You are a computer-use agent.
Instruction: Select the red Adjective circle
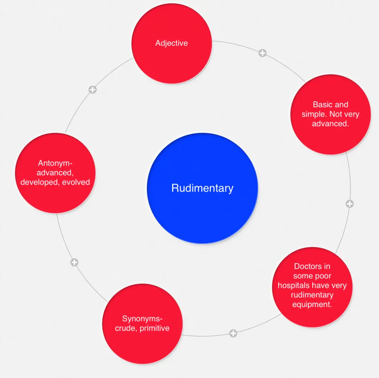pos(171,59)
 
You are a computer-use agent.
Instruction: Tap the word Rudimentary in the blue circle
pos(202,188)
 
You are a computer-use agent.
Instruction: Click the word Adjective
pos(171,43)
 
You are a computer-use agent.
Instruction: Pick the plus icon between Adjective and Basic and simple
pos(262,53)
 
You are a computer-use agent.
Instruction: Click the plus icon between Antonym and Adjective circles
pos(93,90)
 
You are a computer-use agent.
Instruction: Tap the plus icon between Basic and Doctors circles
pos(349,204)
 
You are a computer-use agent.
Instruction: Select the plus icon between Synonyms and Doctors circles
pos(233,333)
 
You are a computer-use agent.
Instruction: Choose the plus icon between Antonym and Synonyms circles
pos(74,262)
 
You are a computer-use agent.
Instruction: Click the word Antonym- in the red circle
pos(55,163)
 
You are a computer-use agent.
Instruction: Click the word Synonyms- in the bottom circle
pos(142,319)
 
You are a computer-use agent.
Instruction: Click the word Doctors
pos(312,266)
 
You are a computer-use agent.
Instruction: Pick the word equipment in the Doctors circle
pos(312,305)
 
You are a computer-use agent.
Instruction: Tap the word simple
pos(313,114)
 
